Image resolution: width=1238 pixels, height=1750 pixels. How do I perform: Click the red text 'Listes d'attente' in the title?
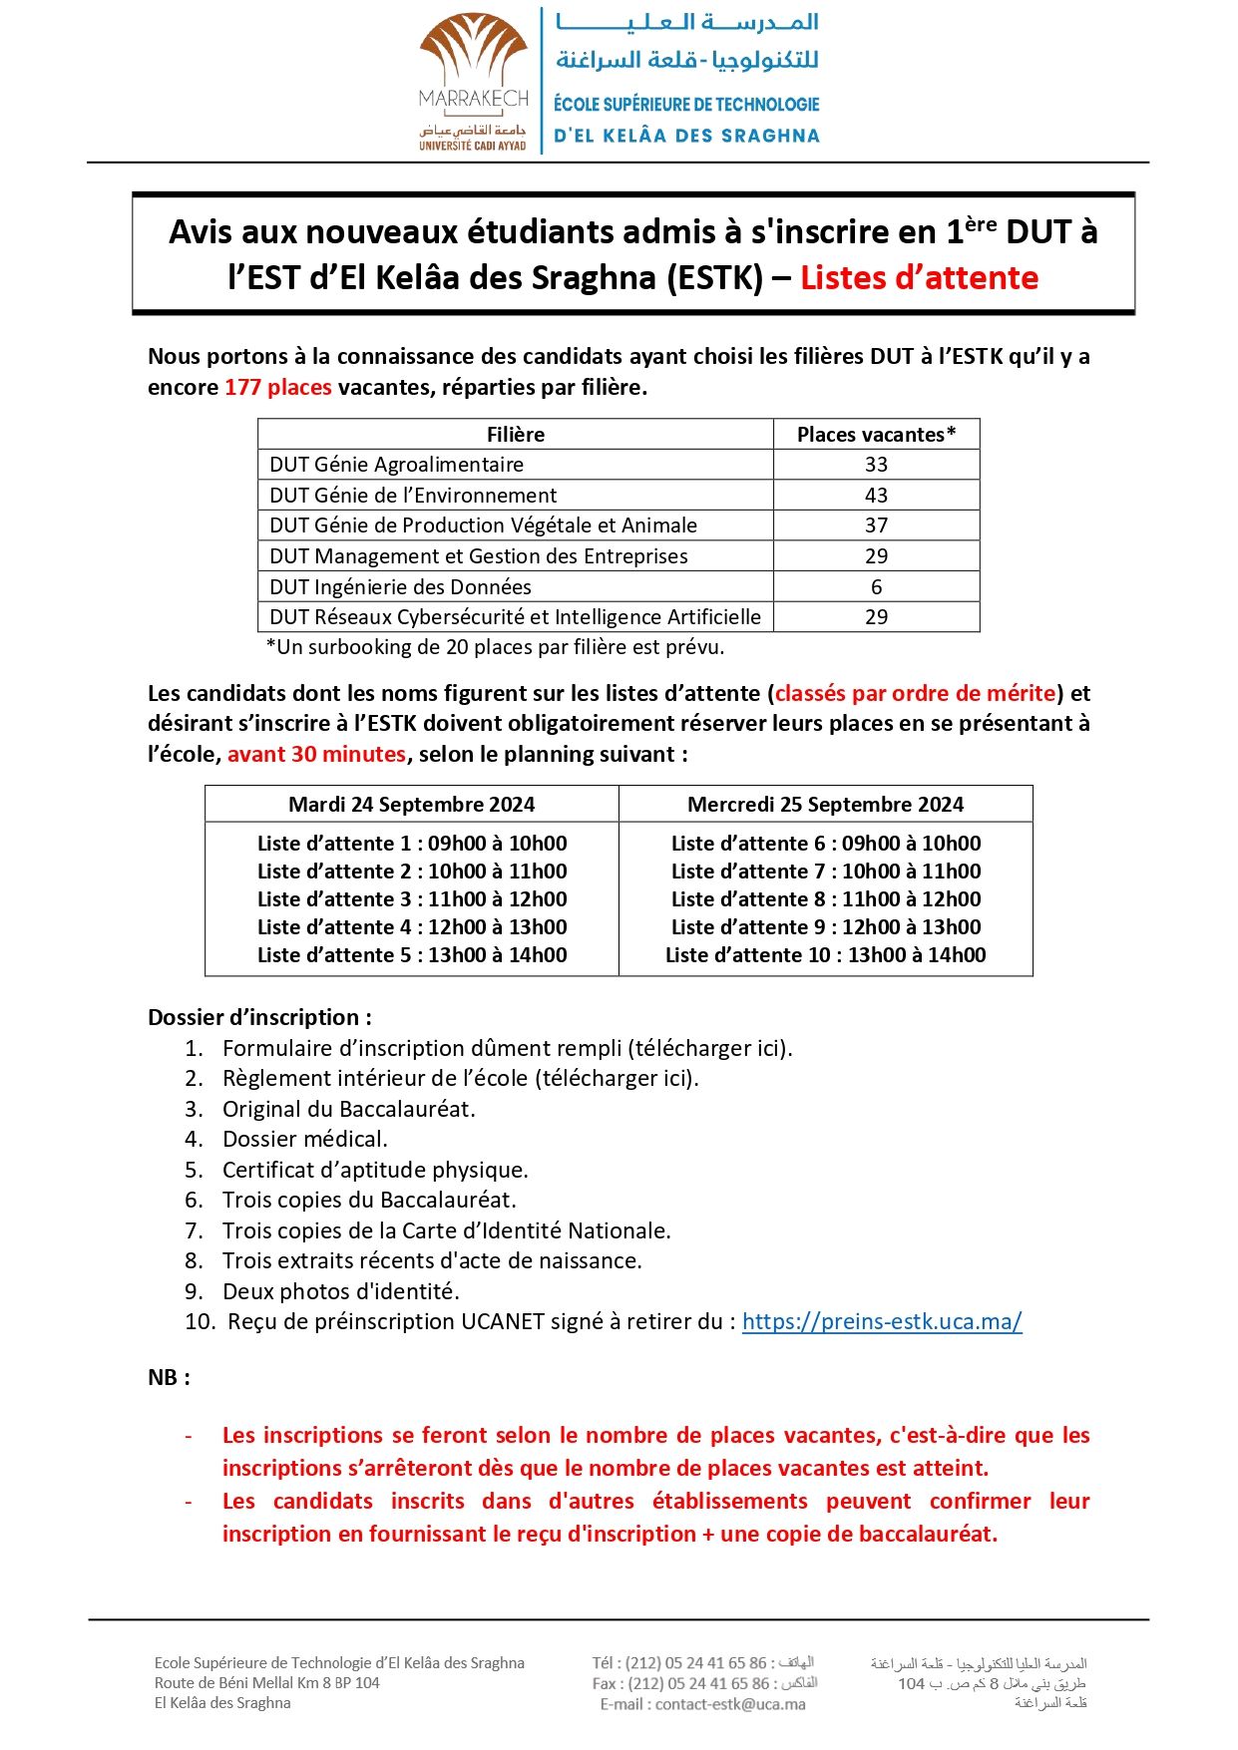tap(919, 277)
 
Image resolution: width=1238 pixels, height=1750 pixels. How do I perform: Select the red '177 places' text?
tap(278, 387)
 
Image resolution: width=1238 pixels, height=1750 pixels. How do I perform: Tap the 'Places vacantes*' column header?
tap(876, 434)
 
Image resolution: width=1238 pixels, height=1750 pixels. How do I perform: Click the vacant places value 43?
tap(876, 495)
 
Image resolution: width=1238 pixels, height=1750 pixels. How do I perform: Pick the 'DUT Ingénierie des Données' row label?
tap(400, 586)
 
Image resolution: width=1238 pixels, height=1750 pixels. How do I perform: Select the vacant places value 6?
tap(876, 586)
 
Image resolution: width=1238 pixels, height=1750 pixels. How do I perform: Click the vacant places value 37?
tap(876, 525)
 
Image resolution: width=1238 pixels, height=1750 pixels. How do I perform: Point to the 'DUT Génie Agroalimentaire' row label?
tap(396, 465)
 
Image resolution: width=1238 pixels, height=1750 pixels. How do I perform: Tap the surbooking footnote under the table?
tap(495, 647)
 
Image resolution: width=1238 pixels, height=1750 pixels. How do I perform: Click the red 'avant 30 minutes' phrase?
tap(316, 754)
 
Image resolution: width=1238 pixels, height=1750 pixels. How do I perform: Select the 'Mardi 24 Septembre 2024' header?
tap(411, 805)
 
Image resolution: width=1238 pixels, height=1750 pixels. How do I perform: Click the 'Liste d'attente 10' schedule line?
tap(825, 955)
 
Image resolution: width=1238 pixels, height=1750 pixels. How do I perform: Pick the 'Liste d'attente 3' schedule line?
tap(411, 899)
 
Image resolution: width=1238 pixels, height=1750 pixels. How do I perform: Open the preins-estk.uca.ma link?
tap(882, 1321)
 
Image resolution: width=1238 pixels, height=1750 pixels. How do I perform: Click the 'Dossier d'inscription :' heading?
tap(259, 1017)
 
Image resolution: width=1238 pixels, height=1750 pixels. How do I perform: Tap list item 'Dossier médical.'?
tap(304, 1139)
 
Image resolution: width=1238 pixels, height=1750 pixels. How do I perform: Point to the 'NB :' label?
tap(169, 1377)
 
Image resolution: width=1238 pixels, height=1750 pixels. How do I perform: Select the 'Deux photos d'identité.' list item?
tap(340, 1291)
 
